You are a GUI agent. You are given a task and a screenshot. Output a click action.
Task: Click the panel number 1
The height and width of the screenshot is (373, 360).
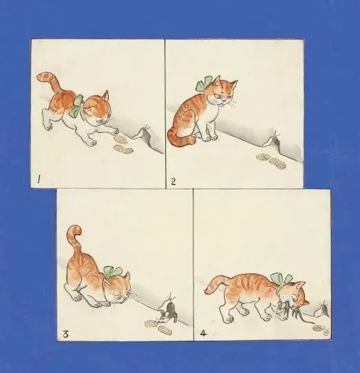click(40, 180)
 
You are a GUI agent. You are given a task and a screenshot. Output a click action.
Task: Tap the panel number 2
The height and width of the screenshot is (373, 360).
click(173, 181)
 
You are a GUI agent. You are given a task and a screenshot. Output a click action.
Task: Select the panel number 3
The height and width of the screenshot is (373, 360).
click(65, 334)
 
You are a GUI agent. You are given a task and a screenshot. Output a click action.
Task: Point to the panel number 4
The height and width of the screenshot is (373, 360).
click(202, 335)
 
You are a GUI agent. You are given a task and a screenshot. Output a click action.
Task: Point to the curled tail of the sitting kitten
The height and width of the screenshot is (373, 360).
click(178, 140)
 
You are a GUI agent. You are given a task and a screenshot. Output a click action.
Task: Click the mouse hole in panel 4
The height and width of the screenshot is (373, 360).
click(320, 311)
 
